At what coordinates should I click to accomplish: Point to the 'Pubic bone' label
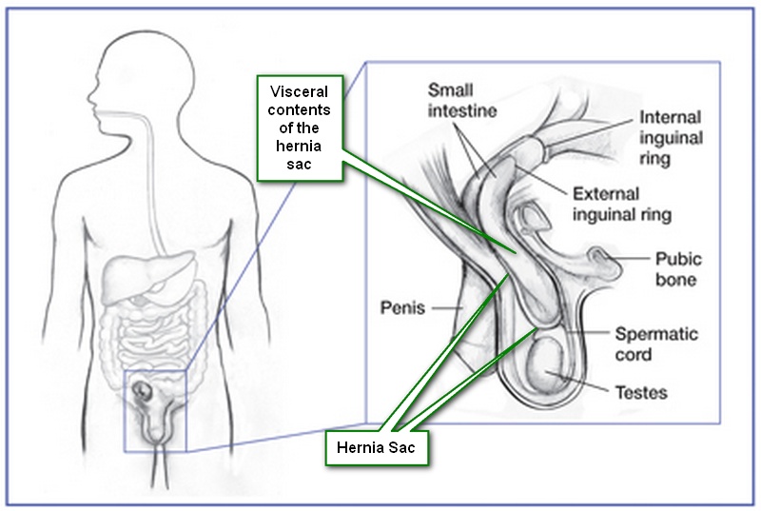(x=676, y=268)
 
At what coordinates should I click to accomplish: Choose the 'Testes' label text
(x=639, y=392)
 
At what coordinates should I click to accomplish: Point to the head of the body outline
(x=128, y=76)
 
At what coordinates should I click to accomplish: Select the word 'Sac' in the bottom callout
(x=402, y=445)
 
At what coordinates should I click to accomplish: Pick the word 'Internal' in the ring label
(x=671, y=118)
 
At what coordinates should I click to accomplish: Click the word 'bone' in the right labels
(x=676, y=280)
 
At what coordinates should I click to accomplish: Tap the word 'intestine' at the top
(x=462, y=111)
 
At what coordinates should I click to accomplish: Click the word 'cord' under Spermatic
(x=634, y=355)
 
